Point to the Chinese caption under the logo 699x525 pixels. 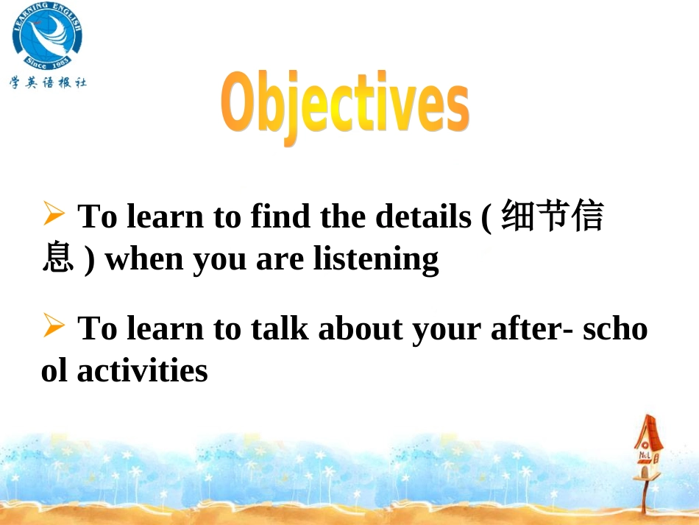[48, 82]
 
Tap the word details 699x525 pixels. [422, 216]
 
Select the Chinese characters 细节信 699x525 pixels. [553, 216]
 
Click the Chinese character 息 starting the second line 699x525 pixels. [57, 259]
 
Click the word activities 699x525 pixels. [142, 370]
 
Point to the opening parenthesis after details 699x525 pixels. [487, 217]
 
